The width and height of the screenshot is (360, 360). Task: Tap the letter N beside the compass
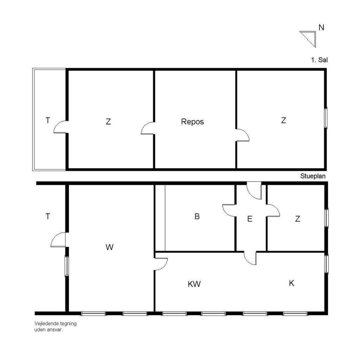point(321,27)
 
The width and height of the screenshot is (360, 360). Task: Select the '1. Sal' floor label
point(319,60)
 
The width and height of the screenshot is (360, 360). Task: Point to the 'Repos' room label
point(192,121)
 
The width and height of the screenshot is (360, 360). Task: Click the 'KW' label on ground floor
point(194,284)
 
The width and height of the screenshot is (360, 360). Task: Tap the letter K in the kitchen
point(291,283)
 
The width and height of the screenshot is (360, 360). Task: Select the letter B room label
point(197,216)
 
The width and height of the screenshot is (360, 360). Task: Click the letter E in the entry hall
point(249,219)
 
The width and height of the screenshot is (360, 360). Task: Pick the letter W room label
point(109,247)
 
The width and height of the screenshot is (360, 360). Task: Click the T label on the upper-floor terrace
point(48,121)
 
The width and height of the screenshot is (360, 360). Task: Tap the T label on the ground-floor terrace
point(48,216)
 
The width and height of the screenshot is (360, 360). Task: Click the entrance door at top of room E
point(255,190)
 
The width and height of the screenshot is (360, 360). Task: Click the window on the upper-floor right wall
point(325,118)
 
